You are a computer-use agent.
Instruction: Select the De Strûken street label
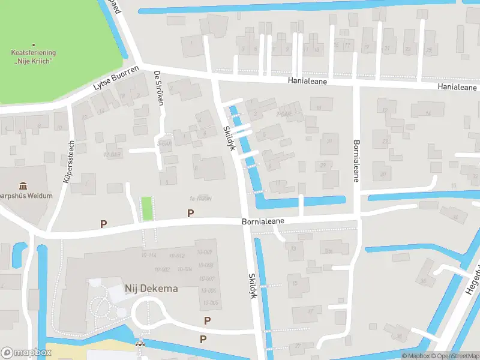click(159, 88)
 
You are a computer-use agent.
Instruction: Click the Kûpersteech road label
click(68, 161)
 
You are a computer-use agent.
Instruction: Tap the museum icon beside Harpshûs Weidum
click(23, 186)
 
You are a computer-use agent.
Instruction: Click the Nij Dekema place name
click(151, 289)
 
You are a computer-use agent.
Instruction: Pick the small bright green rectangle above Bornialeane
click(146, 209)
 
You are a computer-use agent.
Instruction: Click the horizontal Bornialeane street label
click(263, 221)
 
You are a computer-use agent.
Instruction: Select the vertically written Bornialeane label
click(356, 161)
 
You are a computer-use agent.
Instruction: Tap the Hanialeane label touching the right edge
click(457, 87)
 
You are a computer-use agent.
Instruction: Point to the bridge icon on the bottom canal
click(140, 344)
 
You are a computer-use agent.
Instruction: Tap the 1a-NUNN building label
click(201, 199)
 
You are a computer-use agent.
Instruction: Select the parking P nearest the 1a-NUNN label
click(191, 213)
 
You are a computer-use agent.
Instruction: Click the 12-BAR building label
click(112, 154)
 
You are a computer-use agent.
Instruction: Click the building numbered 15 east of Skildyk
click(295, 283)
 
